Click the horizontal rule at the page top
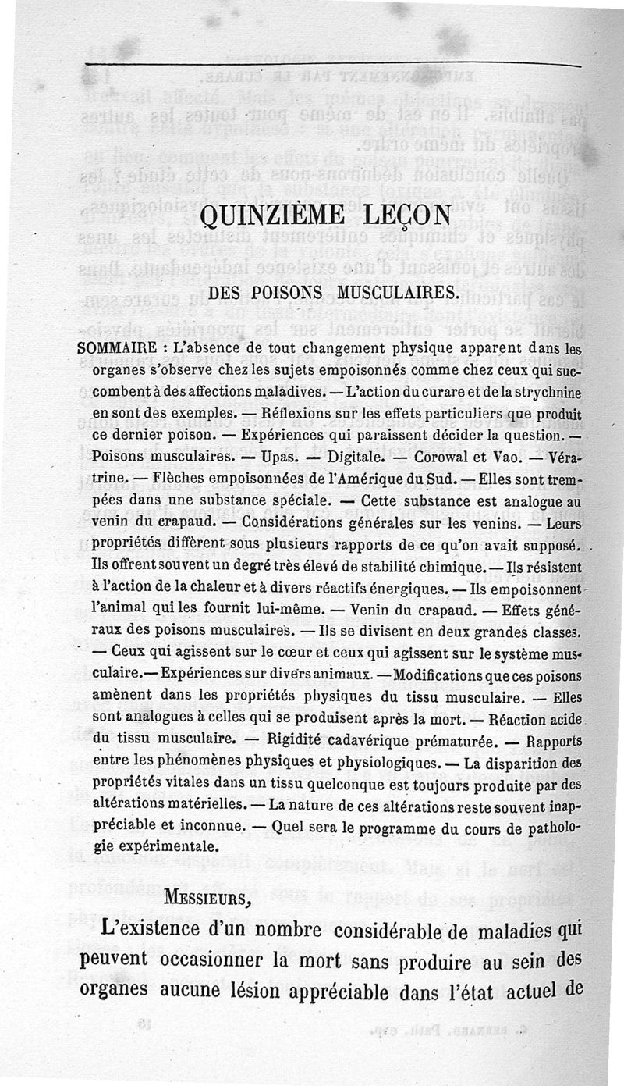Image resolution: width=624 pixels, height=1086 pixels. click(x=335, y=64)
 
